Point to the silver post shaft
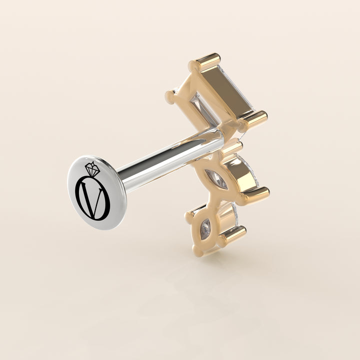tap(170, 160)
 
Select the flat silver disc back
tap(97, 192)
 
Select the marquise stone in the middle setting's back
tap(216, 179)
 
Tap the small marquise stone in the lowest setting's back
tap(205, 229)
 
